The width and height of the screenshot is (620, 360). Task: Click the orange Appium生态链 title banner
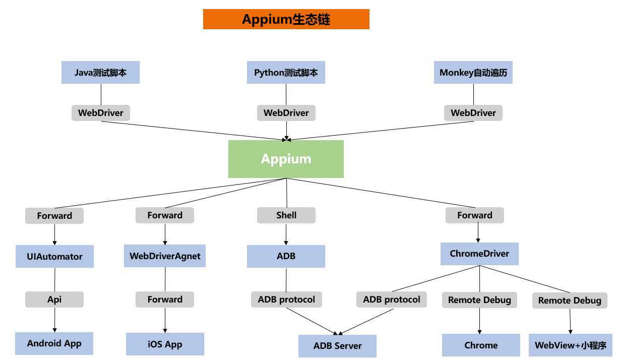[286, 19]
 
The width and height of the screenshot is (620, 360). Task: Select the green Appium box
[286, 159]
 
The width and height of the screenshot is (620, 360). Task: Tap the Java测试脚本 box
[100, 73]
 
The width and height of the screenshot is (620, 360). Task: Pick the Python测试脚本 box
[286, 73]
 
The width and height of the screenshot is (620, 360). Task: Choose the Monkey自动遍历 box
[473, 73]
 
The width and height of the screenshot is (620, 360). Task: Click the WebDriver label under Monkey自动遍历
[473, 113]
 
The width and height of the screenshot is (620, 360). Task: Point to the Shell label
[286, 215]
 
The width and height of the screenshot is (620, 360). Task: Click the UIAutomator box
[54, 257]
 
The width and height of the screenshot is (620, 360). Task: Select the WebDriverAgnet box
[165, 256]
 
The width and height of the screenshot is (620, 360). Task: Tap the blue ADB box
[286, 256]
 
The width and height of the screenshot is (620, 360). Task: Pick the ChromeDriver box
[479, 254]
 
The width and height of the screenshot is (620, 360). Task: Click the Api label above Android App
[54, 299]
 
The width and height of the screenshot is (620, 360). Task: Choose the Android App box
[54, 344]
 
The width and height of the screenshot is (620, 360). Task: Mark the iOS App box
[165, 344]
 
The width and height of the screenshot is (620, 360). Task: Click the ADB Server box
[337, 346]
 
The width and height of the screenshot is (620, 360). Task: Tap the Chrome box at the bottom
[481, 345]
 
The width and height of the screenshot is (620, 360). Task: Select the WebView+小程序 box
[570, 345]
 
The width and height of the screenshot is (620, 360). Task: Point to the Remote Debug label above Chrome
[479, 300]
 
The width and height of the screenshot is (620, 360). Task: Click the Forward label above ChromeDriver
[474, 215]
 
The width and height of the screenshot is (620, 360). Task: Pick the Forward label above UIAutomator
[54, 216]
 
